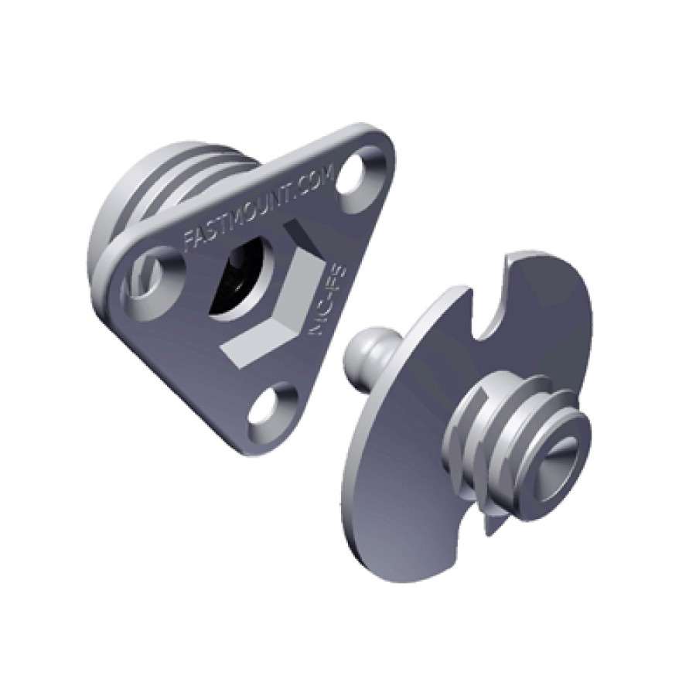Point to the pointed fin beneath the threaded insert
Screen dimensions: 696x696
pyautogui.click(x=491, y=522)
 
